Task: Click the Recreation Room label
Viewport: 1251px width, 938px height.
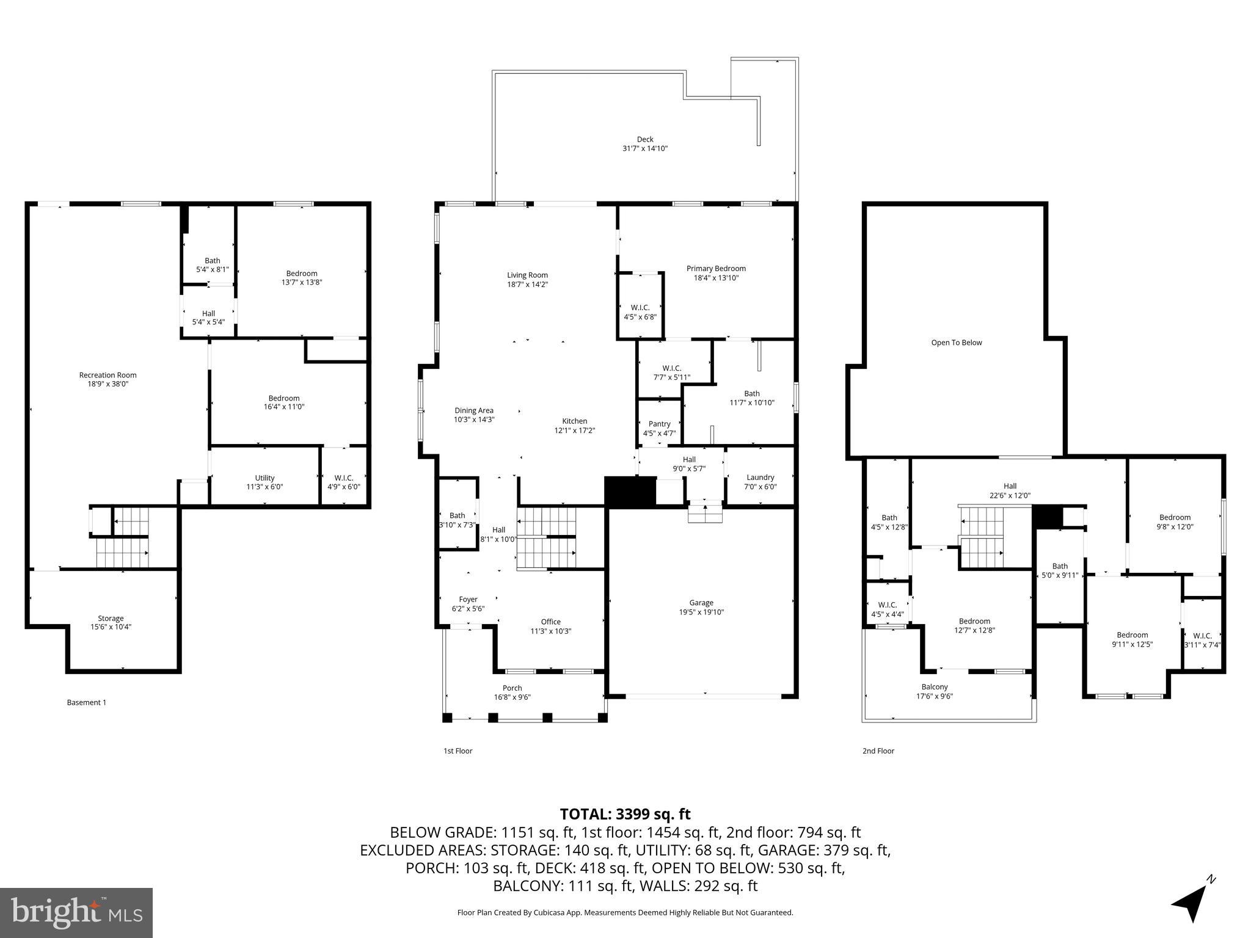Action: point(108,375)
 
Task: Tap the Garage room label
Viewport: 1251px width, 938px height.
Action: point(701,603)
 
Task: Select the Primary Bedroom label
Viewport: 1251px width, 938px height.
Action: point(716,268)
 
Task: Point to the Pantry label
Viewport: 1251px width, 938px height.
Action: point(659,424)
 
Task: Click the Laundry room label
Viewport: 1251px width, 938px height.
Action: point(760,478)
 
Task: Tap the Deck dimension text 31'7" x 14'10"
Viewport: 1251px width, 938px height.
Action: point(644,148)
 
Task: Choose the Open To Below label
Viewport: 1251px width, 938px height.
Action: point(956,343)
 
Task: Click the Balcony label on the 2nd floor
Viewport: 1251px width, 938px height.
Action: point(934,687)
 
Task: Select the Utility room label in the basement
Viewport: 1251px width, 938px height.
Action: point(264,478)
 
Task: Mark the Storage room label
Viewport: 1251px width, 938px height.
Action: point(111,618)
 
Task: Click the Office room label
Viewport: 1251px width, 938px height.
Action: point(550,622)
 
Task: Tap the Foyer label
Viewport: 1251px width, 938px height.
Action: point(468,600)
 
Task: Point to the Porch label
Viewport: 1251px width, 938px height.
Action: point(512,688)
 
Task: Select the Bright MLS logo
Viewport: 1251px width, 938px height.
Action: point(76,913)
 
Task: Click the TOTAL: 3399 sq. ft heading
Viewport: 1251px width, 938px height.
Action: point(625,814)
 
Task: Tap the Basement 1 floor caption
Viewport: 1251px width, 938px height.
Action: point(86,702)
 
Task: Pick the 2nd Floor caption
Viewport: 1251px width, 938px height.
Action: point(878,751)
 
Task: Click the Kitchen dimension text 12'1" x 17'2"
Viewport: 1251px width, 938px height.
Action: point(574,431)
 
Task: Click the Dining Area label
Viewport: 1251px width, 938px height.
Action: point(473,410)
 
